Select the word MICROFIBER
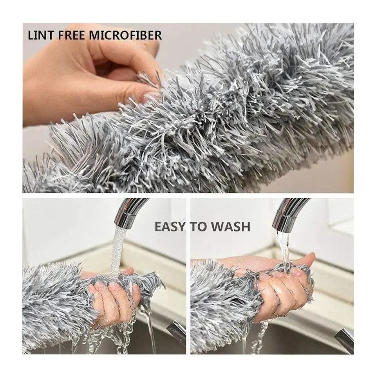[x=125, y=35]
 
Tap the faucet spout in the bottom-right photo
[x=288, y=213]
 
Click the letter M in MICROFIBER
[x=94, y=35]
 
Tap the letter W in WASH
[x=217, y=227]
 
